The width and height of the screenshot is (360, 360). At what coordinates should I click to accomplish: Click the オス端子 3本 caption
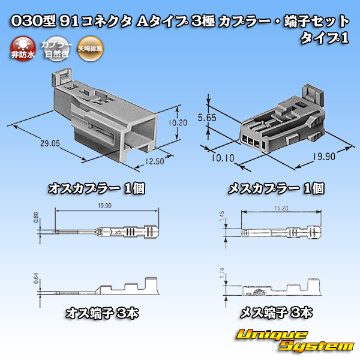click(x=98, y=313)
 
